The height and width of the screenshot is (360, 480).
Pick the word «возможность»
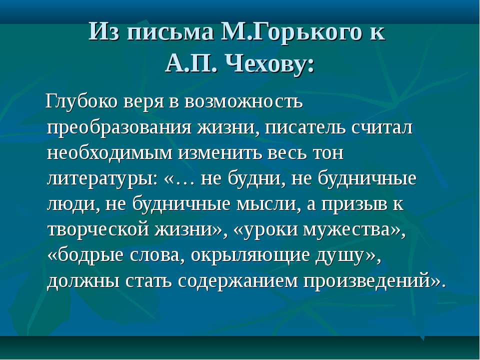click(x=243, y=102)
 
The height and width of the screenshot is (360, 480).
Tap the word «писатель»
click(x=305, y=128)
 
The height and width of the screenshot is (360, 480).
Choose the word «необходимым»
click(x=110, y=153)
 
